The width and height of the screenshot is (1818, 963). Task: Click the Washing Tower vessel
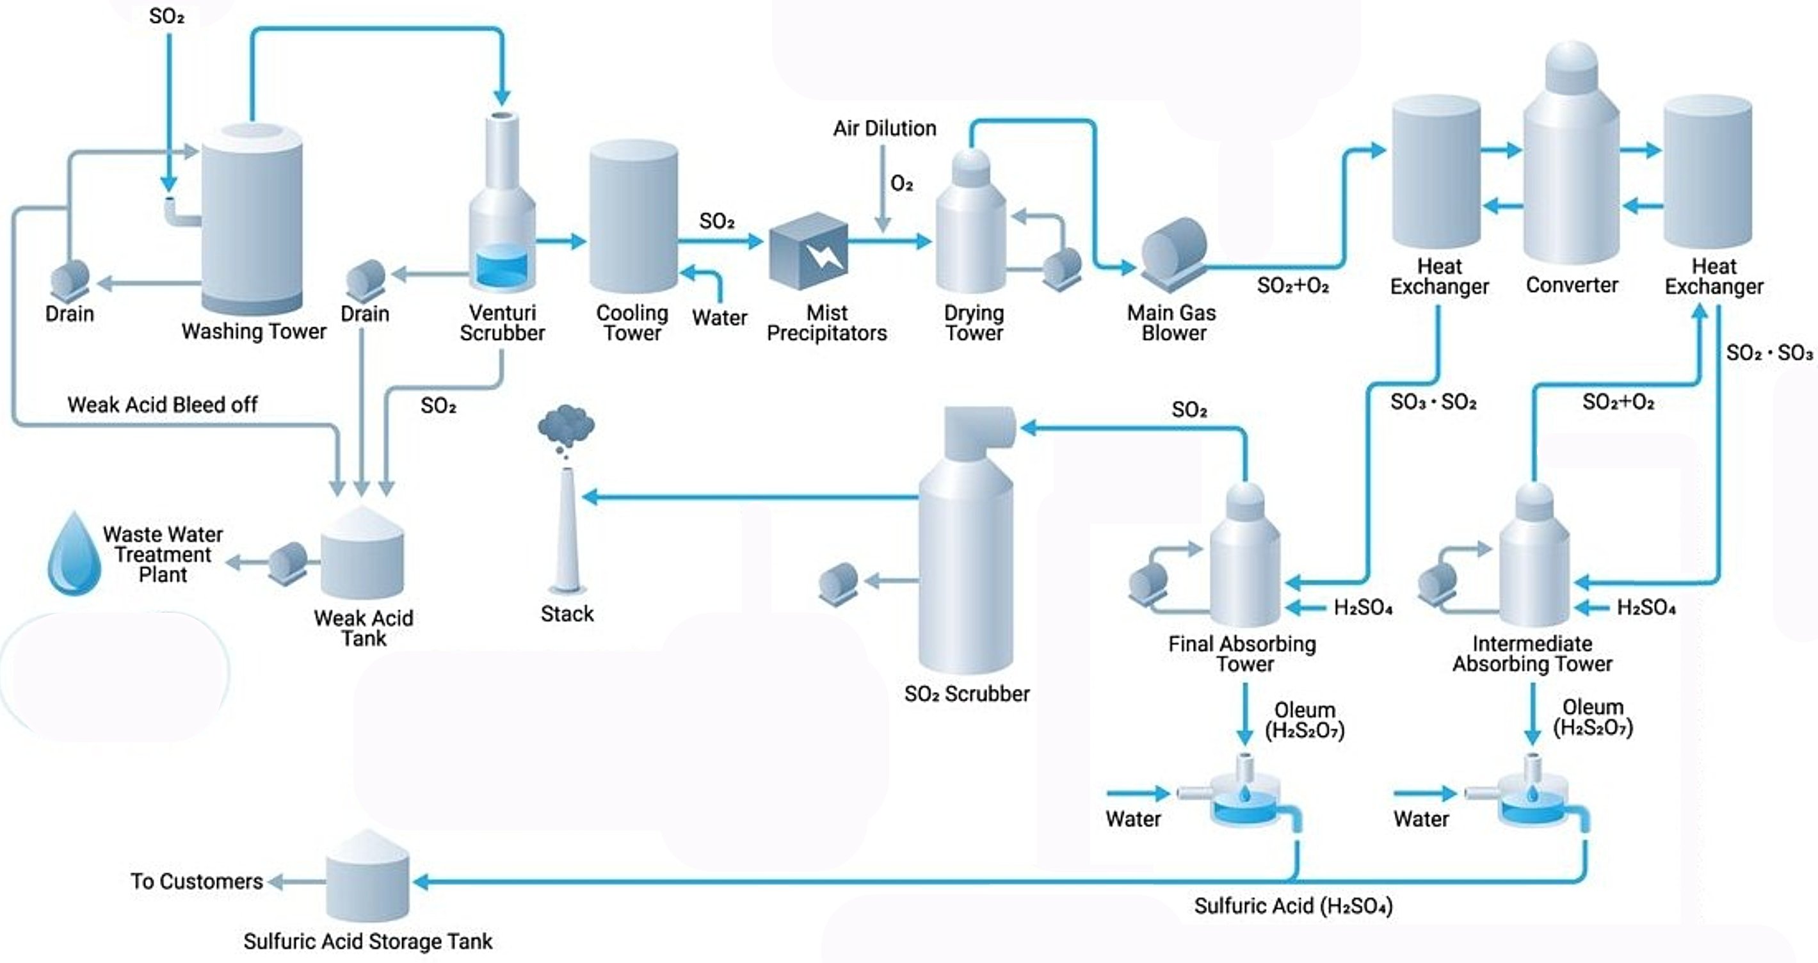[252, 219]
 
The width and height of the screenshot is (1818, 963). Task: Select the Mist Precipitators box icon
[808, 250]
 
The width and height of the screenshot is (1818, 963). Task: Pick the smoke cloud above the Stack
[566, 426]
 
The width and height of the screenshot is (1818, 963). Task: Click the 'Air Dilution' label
[884, 129]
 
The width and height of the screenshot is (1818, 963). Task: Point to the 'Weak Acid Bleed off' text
[163, 405]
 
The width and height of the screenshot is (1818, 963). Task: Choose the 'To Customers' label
[196, 881]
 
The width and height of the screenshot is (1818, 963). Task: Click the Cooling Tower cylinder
[633, 215]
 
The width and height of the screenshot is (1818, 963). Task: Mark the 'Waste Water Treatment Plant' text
[163, 554]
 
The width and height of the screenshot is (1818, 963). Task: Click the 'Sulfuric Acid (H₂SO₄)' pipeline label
[1293, 906]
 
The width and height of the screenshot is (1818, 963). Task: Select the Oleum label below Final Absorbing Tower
[1304, 720]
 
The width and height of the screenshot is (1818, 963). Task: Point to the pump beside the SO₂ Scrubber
[839, 583]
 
